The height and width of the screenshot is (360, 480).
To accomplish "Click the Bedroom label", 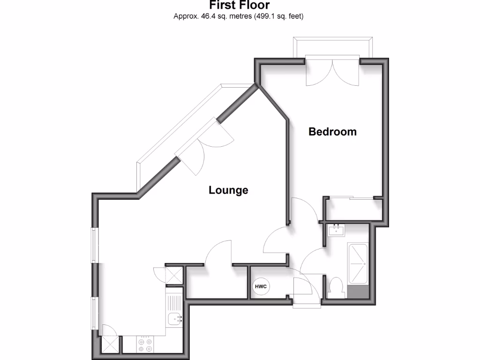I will point(332,132).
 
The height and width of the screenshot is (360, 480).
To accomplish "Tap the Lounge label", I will point(228,190).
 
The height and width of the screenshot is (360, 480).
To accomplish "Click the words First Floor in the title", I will point(240,6).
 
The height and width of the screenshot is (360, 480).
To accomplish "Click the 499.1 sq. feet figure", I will point(279,16).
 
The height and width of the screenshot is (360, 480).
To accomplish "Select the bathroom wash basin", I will point(336,231).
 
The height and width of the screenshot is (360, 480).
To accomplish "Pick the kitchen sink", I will point(175,319).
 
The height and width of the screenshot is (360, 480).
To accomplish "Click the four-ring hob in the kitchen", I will point(145,345).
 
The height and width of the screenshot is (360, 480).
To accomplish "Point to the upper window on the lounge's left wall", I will point(95,245).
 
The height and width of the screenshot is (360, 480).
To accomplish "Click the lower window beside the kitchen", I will point(95,314).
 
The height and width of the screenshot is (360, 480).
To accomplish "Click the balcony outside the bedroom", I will point(333,47).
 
